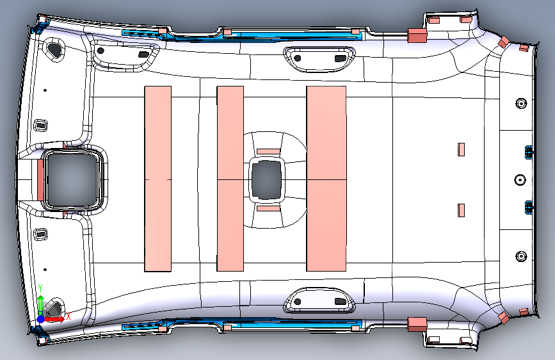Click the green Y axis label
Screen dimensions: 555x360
pyautogui.click(x=40, y=288)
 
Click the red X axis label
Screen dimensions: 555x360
pyautogui.click(x=68, y=316)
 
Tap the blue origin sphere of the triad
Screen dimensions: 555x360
pyautogui.click(x=41, y=318)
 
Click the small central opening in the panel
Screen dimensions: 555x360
pyautogui.click(x=265, y=179)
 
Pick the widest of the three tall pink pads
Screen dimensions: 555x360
pyautogui.click(x=326, y=178)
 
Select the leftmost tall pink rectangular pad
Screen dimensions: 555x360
pyautogui.click(x=157, y=178)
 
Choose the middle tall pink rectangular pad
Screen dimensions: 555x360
pyautogui.click(x=230, y=178)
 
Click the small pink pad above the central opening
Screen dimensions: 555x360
pyautogui.click(x=269, y=151)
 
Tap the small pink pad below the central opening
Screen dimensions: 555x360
pyautogui.click(x=269, y=208)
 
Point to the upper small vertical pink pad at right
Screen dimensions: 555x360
pyautogui.click(x=460, y=149)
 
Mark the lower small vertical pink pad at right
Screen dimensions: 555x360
pyautogui.click(x=460, y=209)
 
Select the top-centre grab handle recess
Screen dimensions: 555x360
pyautogui.click(x=318, y=56)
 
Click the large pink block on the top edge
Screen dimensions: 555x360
pyautogui.click(x=417, y=35)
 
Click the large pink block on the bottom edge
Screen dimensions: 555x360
pyautogui.click(x=417, y=323)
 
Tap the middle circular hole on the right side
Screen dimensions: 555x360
pyautogui.click(x=520, y=179)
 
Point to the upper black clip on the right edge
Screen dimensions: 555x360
pyautogui.click(x=529, y=152)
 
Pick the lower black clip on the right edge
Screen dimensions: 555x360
pyautogui.click(x=529, y=206)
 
